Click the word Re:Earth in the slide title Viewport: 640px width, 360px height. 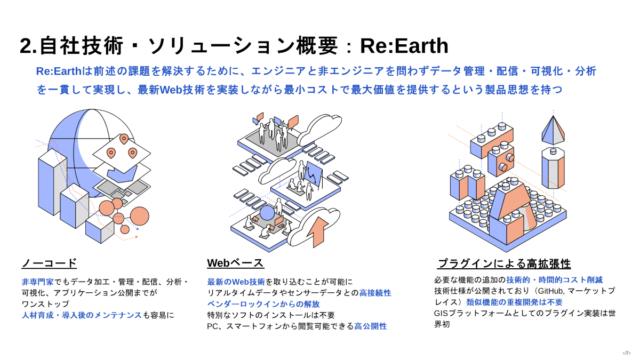(x=404, y=46)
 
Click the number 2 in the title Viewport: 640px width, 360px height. (x=26, y=46)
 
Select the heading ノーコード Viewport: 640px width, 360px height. (x=49, y=263)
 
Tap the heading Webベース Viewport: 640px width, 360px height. (x=235, y=263)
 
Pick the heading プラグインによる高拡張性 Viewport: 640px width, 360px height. (x=504, y=263)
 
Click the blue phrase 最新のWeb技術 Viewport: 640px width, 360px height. (x=236, y=282)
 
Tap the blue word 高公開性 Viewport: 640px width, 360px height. (x=371, y=326)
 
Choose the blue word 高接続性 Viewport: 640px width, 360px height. (x=375, y=293)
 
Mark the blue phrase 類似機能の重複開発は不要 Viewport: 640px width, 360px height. (x=514, y=302)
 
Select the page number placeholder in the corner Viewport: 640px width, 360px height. (x=626, y=353)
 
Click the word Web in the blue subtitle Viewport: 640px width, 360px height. (x=170, y=90)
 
